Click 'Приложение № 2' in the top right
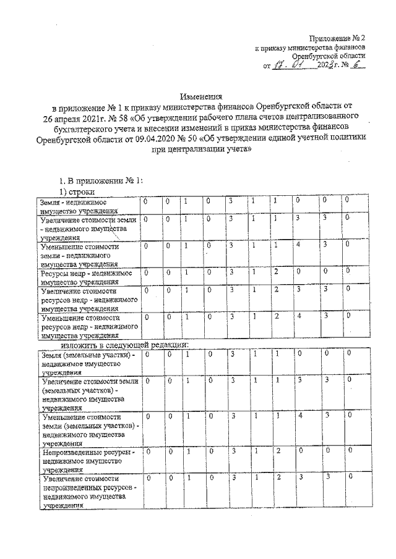pos(337,38)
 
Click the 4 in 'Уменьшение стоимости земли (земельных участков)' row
pos(299,415)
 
